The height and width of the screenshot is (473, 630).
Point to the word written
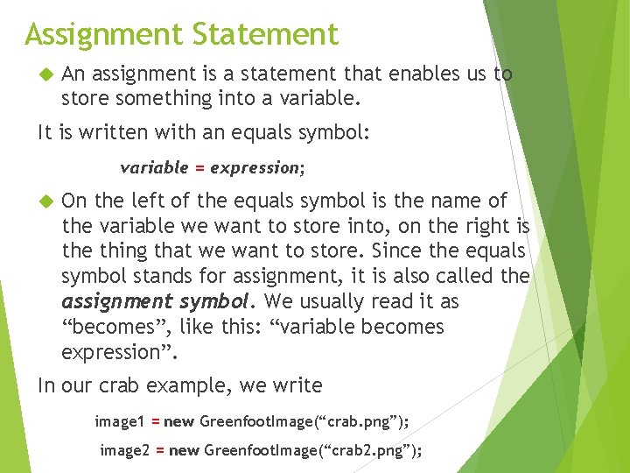[x=112, y=133]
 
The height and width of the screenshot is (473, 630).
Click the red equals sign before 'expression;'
[x=199, y=167]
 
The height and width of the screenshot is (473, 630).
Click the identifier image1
[x=119, y=422]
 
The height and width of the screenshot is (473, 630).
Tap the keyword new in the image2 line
[x=184, y=450]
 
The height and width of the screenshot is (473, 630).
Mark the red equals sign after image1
[x=155, y=422]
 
